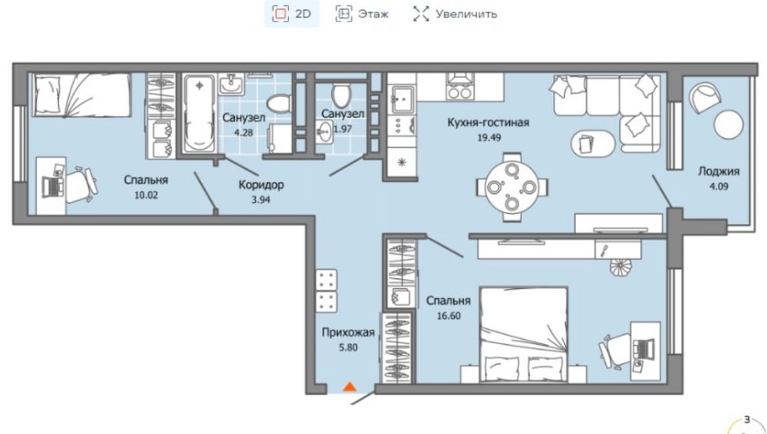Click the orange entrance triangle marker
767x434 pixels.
349,386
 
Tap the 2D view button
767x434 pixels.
292,14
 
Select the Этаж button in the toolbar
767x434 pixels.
363,14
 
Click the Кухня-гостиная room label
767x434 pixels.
488,123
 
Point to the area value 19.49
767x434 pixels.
489,137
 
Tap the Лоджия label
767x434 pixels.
719,171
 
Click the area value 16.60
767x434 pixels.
449,316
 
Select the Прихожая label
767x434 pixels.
348,333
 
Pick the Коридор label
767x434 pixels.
262,185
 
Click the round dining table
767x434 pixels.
512,187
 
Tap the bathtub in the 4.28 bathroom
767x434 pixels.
199,114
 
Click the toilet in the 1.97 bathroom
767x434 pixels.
341,94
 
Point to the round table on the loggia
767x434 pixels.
729,124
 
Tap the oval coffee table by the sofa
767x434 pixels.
593,143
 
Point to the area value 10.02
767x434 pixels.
146,196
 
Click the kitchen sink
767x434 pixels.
402,100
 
